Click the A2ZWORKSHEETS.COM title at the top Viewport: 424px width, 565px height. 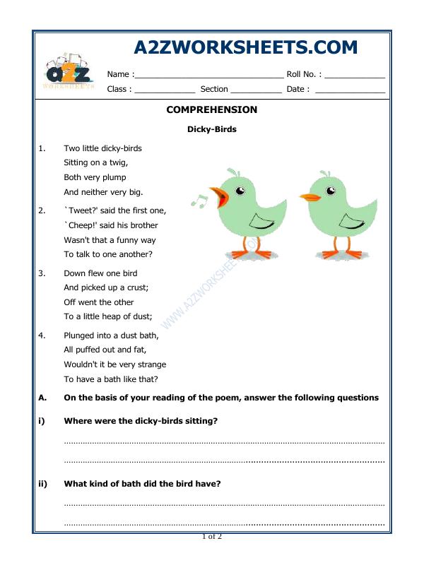point(245,47)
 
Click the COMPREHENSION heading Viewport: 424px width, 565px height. point(211,110)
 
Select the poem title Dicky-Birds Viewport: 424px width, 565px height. point(211,129)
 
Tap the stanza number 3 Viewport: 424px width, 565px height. point(42,273)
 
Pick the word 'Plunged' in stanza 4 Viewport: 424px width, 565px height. point(79,336)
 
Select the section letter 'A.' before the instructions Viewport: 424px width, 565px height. point(42,398)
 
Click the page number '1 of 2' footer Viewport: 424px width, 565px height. point(212,537)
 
